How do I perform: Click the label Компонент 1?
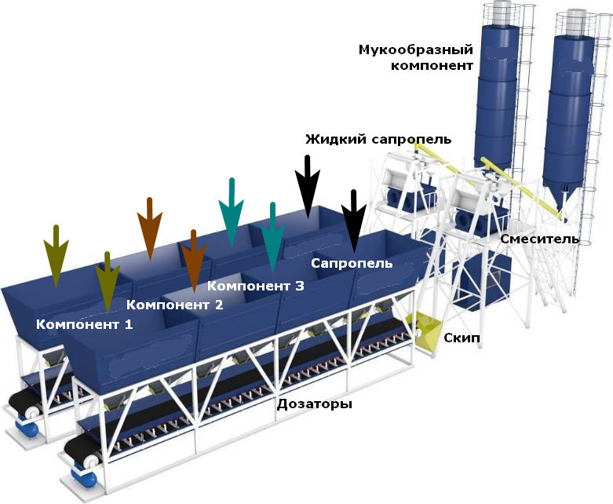pos(85,324)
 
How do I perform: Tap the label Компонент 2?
pos(175,305)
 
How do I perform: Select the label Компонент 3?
pos(256,286)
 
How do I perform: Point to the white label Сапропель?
pos(352,263)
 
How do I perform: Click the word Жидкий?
pos(336,139)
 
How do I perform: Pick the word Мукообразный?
pos(416,49)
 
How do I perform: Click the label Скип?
pos(462,338)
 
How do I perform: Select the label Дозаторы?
pos(314,404)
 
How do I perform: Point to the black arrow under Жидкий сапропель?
pos(308,187)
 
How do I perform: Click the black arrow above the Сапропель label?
pos(354,221)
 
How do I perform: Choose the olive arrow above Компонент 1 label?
pos(108,283)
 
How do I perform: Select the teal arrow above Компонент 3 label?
pos(273,237)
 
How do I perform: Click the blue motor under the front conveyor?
pos(84,476)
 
